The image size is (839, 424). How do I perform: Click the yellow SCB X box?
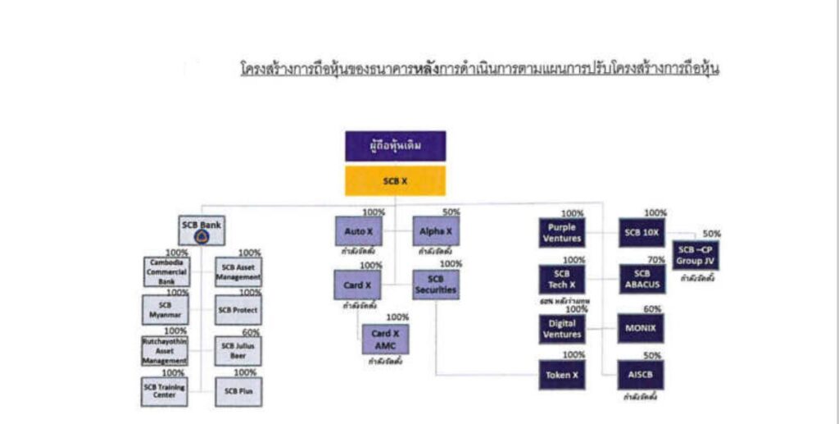click(395, 180)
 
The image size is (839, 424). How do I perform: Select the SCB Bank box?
click(201, 226)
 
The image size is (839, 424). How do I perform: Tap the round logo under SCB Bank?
click(202, 237)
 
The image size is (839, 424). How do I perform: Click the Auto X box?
click(354, 231)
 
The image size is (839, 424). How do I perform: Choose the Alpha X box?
click(435, 231)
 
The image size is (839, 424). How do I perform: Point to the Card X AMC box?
click(385, 339)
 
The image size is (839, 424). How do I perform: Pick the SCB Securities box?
click(435, 284)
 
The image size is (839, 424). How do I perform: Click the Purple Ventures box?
click(561, 232)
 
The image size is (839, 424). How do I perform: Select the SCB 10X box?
click(641, 232)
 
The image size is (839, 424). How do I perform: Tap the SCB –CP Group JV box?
click(695, 256)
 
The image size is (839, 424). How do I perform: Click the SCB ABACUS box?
click(641, 279)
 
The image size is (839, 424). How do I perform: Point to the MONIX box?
click(641, 328)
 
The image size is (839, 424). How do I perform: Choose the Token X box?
click(561, 375)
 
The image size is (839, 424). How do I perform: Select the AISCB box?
click(641, 375)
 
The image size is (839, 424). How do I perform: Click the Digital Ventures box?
click(561, 328)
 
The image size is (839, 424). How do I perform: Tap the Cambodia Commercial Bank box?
click(166, 271)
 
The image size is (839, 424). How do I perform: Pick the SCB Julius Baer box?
click(238, 351)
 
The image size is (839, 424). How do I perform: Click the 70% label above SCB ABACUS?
click(655, 260)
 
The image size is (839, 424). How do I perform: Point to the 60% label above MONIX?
click(652, 309)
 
